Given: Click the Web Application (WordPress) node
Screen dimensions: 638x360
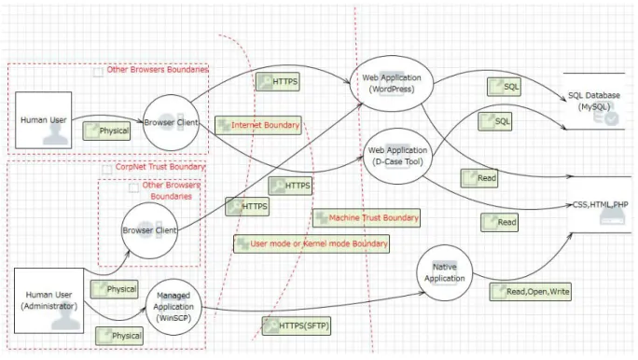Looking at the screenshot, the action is pyautogui.click(x=392, y=83).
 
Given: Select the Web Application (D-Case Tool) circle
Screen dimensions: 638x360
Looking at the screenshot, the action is pyautogui.click(x=397, y=156).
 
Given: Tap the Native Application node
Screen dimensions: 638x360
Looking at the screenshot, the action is pyautogui.click(x=444, y=272).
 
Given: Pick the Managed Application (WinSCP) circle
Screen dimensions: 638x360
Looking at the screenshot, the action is pyautogui.click(x=173, y=307).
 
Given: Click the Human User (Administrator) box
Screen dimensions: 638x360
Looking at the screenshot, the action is pyautogui.click(x=49, y=300).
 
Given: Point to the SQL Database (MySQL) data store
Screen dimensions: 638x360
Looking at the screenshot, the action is pyautogui.click(x=594, y=102).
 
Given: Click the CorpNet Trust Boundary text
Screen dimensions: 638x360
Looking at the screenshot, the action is pyautogui.click(x=160, y=167).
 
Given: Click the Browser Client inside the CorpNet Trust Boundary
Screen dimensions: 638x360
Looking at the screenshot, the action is pyautogui.click(x=149, y=230).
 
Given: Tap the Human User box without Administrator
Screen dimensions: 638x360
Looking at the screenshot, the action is pyautogui.click(x=44, y=120).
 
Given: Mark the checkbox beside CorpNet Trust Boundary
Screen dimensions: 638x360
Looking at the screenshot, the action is pyautogui.click(x=107, y=169).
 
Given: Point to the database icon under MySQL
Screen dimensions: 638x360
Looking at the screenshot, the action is pyautogui.click(x=606, y=118).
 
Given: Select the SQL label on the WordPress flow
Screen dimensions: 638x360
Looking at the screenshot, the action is pyautogui.click(x=504, y=87).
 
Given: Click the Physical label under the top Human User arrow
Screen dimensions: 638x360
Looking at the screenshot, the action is pyautogui.click(x=106, y=131).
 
